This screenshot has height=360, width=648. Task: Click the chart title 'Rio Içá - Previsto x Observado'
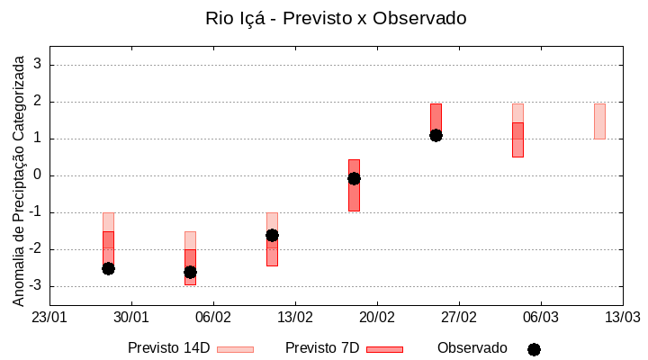336,18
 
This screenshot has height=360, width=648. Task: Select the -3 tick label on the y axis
35,286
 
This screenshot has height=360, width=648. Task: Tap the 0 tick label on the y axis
38,175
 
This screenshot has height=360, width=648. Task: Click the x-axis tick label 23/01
49,318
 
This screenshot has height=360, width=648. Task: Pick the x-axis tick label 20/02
377,318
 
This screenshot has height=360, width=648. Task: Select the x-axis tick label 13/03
622,318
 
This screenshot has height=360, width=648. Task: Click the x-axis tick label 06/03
540,318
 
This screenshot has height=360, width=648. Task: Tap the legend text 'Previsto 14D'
168,348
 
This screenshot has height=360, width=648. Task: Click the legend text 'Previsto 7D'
322,348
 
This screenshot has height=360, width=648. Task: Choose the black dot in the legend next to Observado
534,349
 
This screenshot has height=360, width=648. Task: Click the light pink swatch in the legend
235,349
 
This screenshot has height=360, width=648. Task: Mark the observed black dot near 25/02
436,135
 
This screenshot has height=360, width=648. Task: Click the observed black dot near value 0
354,178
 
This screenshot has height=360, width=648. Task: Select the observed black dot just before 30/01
108,268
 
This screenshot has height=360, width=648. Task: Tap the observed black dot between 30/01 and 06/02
190,272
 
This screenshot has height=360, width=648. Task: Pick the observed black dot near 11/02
272,235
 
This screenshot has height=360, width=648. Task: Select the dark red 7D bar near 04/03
517,140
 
